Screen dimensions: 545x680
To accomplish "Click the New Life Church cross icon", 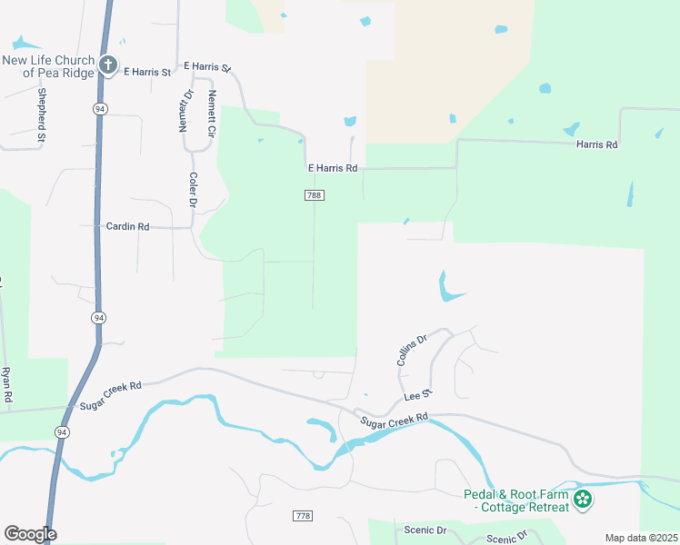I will coord(108,64).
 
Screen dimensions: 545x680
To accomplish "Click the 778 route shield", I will coord(303,515).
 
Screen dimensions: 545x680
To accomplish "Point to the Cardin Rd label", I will coord(127,226).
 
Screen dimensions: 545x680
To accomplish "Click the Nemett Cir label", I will coord(211,114).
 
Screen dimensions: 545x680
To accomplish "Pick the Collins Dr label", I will coord(412,351).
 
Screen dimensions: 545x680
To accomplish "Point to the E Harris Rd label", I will coord(333,168).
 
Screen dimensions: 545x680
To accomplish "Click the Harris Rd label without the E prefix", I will coord(596,144).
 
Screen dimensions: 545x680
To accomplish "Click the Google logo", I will coord(30,534).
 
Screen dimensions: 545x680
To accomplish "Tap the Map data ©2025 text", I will coord(641,538).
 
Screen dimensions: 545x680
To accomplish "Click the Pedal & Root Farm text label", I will coord(514,500).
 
